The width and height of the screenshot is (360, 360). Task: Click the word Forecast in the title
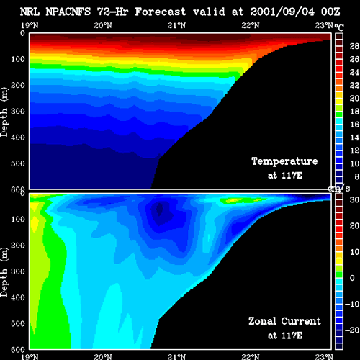point(161,12)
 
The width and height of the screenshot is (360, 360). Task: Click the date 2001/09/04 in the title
point(282,12)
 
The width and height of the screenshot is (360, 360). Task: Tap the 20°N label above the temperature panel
point(103,25)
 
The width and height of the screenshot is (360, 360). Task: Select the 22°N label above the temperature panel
point(251,25)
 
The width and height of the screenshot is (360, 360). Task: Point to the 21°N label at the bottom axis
point(176,356)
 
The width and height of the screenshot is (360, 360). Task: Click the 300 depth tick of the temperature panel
point(18,112)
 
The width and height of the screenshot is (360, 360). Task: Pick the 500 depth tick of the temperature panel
point(18,163)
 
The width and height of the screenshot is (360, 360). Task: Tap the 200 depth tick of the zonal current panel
point(18,246)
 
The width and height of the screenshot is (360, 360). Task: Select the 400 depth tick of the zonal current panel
point(18,297)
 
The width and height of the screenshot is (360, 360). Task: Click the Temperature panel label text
point(284,161)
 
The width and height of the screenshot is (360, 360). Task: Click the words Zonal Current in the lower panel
point(284,321)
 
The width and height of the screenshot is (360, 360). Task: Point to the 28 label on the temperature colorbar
point(354,46)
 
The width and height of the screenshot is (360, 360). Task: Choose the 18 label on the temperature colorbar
point(354,112)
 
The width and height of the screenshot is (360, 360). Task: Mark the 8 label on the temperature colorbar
point(356,176)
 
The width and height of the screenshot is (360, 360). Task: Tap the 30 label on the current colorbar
point(354,199)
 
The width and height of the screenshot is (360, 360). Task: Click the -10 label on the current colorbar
point(352,304)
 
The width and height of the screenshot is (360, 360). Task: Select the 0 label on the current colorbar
point(352,278)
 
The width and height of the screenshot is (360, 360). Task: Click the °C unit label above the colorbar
point(339,27)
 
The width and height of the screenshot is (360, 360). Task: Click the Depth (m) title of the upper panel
point(4,112)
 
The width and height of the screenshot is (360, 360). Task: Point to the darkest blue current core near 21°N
point(159,210)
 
